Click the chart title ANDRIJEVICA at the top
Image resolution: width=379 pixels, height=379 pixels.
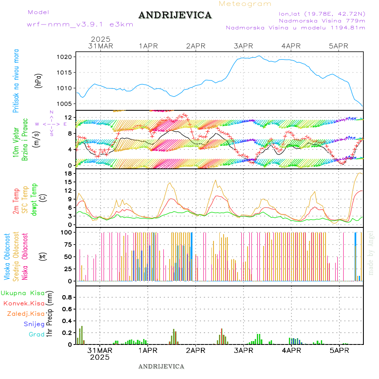point(175,16)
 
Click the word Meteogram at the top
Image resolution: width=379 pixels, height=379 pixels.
point(245,4)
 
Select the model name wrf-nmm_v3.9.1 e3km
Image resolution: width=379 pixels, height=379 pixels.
point(80,24)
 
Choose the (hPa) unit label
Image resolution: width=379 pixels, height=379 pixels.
point(39,80)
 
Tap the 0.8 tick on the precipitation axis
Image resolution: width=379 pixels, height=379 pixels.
point(67,297)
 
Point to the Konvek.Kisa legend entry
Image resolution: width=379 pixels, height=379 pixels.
point(24,303)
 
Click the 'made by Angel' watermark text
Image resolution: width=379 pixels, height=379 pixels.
point(371,253)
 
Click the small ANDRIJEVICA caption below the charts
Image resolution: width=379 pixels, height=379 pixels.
point(161,366)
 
